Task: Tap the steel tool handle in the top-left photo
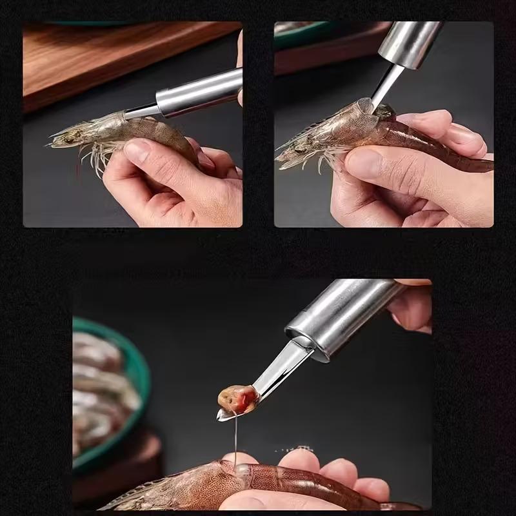coord(200,92)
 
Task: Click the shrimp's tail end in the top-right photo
coord(481,164)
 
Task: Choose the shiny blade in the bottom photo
coord(277,374)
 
